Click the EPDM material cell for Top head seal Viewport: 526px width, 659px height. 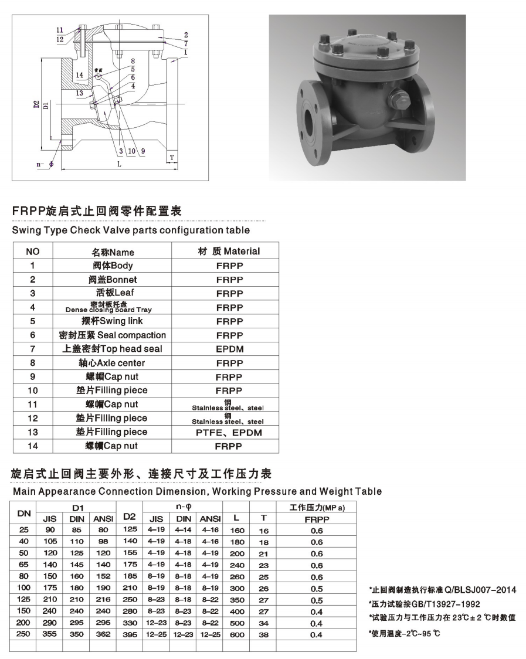point(229,349)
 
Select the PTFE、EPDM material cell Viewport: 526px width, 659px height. point(229,433)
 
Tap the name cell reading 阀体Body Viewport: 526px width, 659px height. point(113,266)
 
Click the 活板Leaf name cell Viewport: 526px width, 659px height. point(113,293)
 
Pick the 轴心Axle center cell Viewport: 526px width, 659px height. point(113,363)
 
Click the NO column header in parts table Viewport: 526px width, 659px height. point(33,252)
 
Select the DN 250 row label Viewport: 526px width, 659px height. point(24,633)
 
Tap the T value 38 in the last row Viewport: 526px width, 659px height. point(263,634)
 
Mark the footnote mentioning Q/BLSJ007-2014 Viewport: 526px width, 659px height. point(442,590)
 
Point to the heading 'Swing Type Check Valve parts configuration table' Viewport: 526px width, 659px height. point(131,230)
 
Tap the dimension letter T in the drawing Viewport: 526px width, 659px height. point(172,157)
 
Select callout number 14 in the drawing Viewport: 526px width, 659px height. point(80,75)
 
